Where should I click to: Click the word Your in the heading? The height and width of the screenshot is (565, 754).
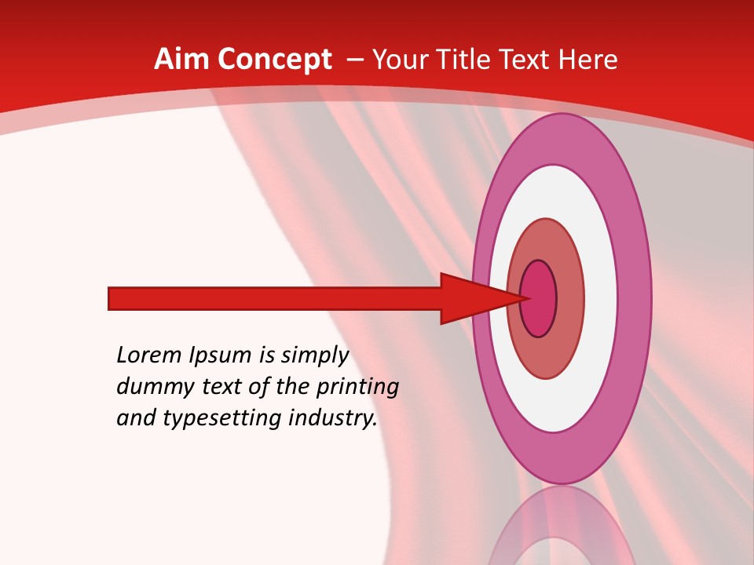(x=400, y=60)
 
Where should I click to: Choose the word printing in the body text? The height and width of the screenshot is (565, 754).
(x=357, y=388)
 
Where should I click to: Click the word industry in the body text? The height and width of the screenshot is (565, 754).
(x=329, y=418)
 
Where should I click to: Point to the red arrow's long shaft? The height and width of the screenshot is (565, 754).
(x=275, y=299)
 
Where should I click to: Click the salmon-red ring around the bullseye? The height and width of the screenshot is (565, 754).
(x=569, y=299)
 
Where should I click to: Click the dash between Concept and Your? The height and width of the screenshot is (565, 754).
(x=354, y=60)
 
